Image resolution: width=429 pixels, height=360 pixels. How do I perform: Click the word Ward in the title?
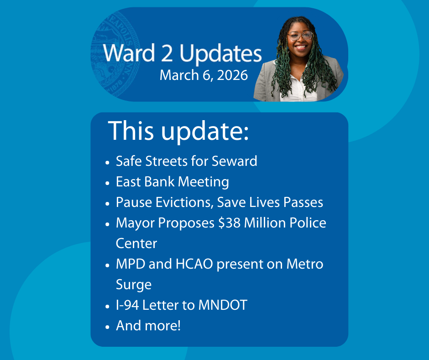coord(129,53)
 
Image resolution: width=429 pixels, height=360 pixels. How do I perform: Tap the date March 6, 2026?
coord(204,75)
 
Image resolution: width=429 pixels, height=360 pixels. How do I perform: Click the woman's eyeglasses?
coord(300,36)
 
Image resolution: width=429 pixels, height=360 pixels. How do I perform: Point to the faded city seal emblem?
coord(115,55)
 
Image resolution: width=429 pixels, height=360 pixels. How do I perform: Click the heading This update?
coord(178,131)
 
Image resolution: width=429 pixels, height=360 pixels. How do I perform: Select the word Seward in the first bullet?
coord(235,161)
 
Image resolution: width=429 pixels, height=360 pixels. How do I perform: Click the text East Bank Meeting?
coord(173,182)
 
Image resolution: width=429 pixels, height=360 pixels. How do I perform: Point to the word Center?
coord(136,244)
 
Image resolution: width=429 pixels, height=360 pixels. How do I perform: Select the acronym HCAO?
coord(194,264)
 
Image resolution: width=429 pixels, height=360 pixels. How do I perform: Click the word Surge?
coord(134,285)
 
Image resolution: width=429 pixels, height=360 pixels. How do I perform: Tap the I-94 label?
coord(127,305)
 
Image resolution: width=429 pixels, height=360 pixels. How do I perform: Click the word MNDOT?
coord(223,305)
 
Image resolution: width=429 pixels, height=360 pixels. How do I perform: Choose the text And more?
coord(148,326)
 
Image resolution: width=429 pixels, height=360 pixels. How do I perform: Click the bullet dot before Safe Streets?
coord(107,163)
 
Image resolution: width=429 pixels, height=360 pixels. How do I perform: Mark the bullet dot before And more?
coord(107,327)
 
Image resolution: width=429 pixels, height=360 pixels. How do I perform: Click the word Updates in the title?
coord(220,54)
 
